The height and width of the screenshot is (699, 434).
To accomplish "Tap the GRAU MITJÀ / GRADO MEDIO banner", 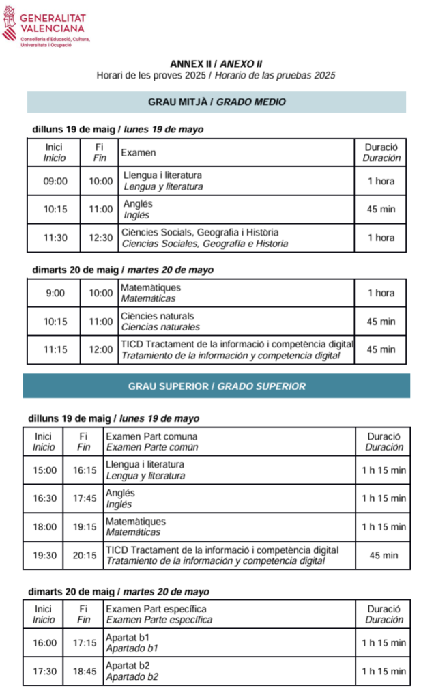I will tap(216, 102).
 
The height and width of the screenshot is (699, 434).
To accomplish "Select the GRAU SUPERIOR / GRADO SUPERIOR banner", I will tap(216, 386).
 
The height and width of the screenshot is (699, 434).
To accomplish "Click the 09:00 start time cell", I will tap(55, 181).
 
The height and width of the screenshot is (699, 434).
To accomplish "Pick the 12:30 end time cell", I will tap(101, 238).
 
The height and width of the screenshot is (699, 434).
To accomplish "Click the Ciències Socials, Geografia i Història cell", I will tap(236, 238).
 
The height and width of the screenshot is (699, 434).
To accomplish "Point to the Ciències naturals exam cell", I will tap(236, 322).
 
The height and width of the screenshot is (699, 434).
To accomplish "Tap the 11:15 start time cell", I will tap(55, 349).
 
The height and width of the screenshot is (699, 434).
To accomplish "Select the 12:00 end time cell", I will tap(101, 349).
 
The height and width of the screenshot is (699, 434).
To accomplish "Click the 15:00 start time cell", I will tap(45, 470).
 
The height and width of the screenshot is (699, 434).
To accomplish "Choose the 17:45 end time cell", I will tap(83, 498).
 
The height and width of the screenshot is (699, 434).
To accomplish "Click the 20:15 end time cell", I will tap(83, 555).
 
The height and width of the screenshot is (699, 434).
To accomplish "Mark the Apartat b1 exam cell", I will tap(229, 642).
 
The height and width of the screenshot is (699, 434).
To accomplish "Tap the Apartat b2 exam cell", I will tap(229, 671).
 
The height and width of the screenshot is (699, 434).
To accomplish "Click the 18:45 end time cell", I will tap(83, 671).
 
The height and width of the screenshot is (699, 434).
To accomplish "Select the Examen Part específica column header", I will tap(229, 614).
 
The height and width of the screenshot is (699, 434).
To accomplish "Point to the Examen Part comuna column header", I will tap(229, 442).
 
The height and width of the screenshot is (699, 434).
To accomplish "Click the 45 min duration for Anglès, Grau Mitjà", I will tap(381, 209).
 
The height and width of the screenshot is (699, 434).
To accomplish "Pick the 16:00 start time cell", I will tap(45, 642).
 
